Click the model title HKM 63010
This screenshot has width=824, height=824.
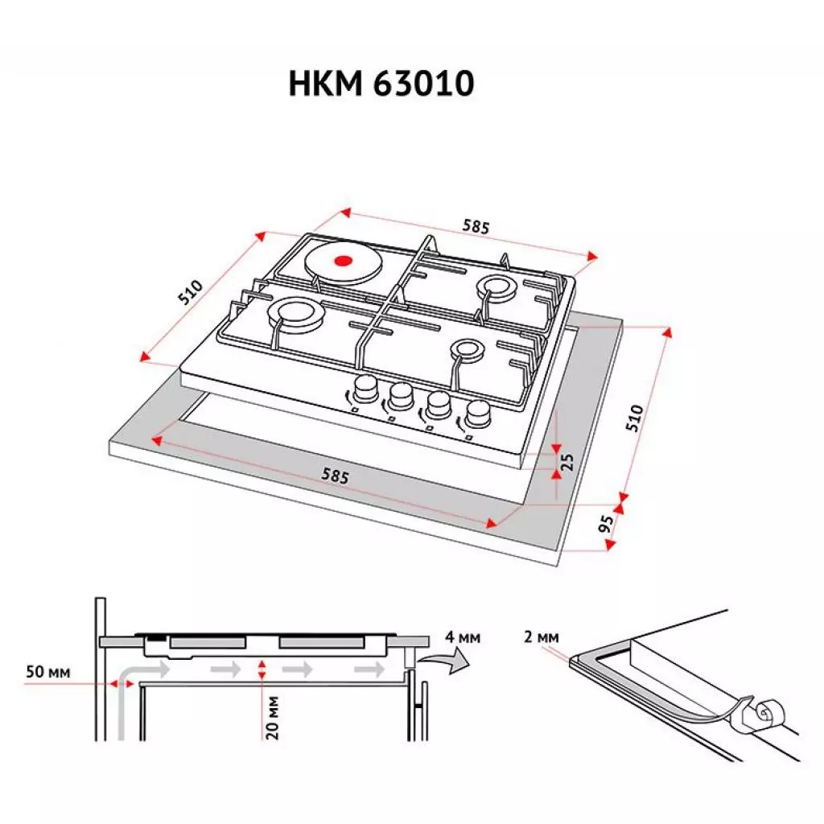tap(381, 84)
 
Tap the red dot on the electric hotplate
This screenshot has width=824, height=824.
tap(343, 260)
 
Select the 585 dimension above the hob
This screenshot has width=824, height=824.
tap(475, 227)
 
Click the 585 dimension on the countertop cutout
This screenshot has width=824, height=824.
tap(335, 476)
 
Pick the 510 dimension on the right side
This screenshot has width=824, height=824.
tap(636, 418)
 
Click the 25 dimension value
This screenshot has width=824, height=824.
tap(567, 461)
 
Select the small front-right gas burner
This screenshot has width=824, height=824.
tap(466, 349)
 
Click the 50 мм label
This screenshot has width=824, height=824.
tap(47, 671)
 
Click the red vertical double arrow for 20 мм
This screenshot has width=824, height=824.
tap(262, 669)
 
